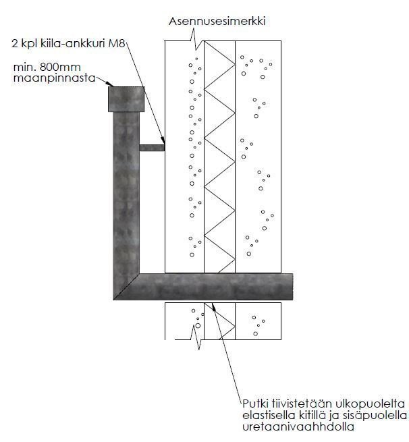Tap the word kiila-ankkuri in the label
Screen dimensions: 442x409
[78, 45]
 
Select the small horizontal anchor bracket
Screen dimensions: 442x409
[152, 146]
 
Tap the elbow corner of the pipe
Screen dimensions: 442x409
[126, 286]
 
